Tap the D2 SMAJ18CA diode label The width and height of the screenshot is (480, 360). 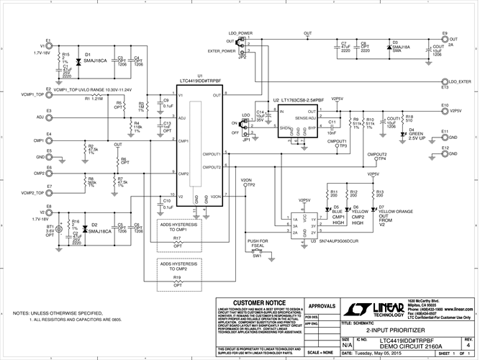pyautogui.click(x=98, y=229)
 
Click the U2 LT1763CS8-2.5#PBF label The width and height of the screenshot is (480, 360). pyautogui.click(x=303, y=101)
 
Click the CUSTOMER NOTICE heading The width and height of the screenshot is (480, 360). pyautogui.click(x=253, y=302)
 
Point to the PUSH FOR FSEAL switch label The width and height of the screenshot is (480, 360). pyautogui.click(x=257, y=244)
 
